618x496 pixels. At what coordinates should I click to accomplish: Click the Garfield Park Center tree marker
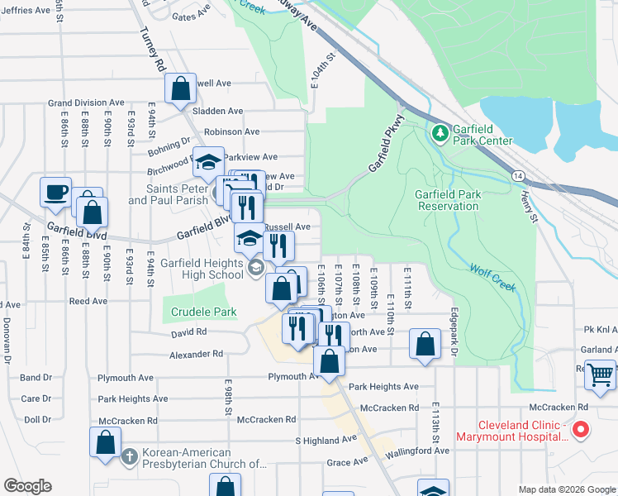[x=440, y=132]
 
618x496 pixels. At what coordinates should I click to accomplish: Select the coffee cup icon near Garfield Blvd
[x=56, y=193]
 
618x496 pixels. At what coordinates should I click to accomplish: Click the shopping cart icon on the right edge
[x=600, y=374]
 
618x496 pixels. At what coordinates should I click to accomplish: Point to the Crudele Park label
[x=203, y=312]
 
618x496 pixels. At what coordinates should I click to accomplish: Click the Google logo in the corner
[x=27, y=486]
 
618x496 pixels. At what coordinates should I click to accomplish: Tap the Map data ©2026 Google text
[x=567, y=489]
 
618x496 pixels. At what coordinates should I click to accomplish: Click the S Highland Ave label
[x=326, y=441]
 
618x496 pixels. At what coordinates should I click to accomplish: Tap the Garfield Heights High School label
[x=190, y=269]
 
